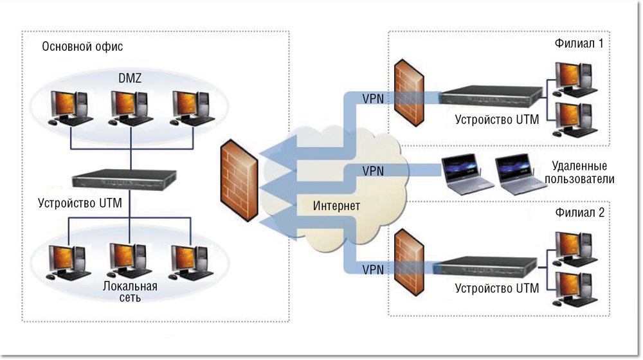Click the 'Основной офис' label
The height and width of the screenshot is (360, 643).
82,47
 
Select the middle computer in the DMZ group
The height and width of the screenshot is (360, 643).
129,107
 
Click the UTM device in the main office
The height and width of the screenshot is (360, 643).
124,179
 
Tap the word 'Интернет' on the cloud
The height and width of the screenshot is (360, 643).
336,206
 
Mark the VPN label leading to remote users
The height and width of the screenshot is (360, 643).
374,171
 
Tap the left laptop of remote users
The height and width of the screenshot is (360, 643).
465,175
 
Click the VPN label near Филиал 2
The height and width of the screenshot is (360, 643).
374,269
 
